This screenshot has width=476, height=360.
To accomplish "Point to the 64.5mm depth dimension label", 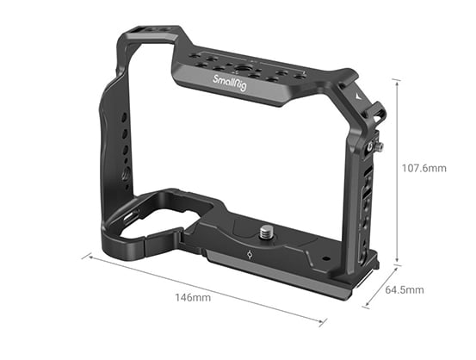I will [x=405, y=289].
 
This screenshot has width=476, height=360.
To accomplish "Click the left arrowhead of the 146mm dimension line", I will [x=85, y=257].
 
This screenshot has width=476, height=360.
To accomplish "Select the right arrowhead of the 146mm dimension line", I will [x=325, y=324].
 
